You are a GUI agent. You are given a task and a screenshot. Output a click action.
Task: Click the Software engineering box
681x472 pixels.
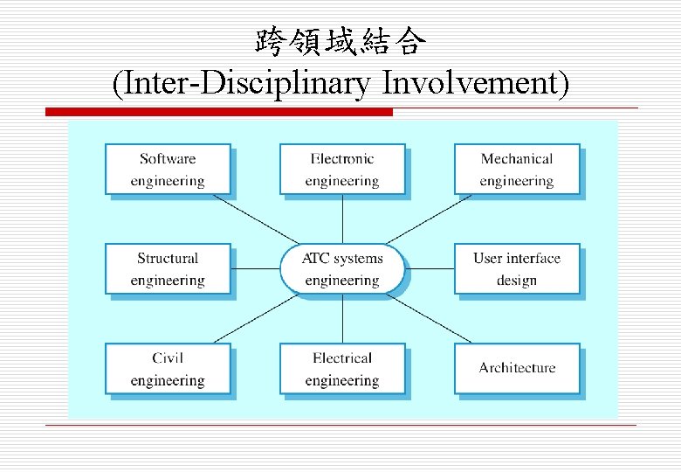168,170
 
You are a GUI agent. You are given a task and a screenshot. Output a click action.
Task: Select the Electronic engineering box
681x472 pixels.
342,170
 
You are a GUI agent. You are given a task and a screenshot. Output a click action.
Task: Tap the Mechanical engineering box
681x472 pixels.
517,170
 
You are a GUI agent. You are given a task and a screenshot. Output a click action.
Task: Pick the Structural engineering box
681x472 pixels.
168,269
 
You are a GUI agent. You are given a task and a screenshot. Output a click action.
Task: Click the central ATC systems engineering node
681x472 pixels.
342,269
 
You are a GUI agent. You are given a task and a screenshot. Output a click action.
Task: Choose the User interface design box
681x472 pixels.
517,269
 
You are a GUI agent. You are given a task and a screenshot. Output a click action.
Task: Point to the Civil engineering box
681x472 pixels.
168,369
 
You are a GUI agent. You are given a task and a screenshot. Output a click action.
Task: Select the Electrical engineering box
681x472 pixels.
342,369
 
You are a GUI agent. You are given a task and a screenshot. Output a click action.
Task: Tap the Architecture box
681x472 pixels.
517,369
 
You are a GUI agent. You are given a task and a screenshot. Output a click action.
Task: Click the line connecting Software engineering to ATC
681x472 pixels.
258,219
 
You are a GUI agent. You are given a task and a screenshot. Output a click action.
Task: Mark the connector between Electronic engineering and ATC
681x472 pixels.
342,219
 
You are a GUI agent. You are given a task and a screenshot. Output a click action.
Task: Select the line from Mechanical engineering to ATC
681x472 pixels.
428,219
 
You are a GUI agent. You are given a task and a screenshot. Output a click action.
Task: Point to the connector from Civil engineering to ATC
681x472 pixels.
258,318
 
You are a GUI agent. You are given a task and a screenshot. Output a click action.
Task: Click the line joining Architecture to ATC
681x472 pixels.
428,318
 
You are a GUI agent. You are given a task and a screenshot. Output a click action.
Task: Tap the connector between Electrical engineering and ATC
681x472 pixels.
342,318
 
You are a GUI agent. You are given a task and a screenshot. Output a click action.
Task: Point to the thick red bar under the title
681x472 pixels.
218,112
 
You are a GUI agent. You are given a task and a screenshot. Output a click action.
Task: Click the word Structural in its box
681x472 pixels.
168,259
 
